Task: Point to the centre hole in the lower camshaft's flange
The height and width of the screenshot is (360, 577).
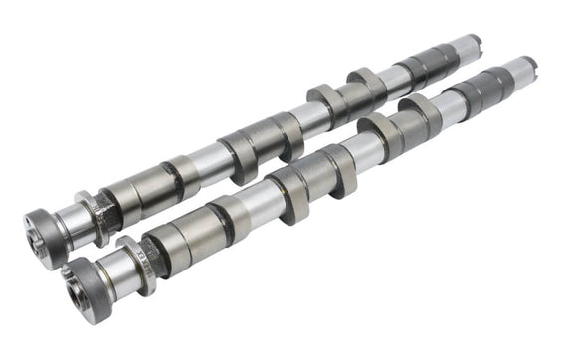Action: pos(74,289)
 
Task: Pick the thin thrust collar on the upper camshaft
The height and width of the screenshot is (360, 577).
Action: pos(95,210)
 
